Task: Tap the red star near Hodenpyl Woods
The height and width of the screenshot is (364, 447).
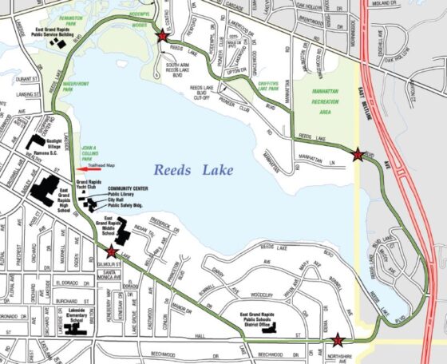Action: [x=162, y=36]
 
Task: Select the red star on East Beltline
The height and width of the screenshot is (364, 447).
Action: [x=358, y=155]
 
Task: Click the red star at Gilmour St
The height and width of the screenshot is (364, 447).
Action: [x=111, y=253]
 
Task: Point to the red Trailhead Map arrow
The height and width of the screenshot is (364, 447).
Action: [x=89, y=168]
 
